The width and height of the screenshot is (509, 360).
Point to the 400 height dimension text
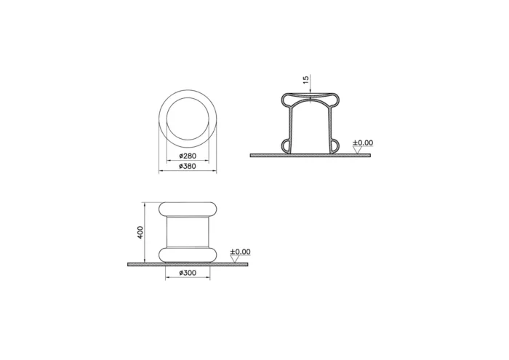tap(140, 232)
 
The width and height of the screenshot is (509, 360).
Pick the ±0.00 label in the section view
tap(363, 143)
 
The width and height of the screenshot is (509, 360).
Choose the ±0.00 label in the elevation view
tap(240, 252)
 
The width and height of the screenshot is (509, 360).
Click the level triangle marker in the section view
tap(357, 151)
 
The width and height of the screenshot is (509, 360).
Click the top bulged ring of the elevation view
tap(188, 209)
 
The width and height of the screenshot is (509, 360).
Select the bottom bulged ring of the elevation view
tap(188, 254)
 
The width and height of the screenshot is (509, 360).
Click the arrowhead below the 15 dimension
tap(310, 102)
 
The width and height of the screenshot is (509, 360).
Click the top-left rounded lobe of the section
tap(288, 99)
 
